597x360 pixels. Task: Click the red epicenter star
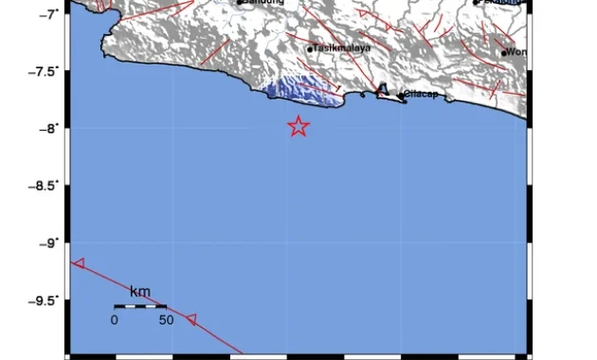(298, 126)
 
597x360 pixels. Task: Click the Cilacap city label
(420, 94)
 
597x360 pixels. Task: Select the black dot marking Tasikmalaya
(310, 49)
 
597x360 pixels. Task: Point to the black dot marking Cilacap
(401, 95)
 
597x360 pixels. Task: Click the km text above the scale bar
(139, 291)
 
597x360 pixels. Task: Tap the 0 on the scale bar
(114, 320)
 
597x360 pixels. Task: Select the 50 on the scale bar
(166, 320)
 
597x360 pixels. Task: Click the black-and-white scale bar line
(140, 306)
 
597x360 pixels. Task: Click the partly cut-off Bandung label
(265, 3)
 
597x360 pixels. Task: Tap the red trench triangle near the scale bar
(191, 320)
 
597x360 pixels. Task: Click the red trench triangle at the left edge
(79, 263)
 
